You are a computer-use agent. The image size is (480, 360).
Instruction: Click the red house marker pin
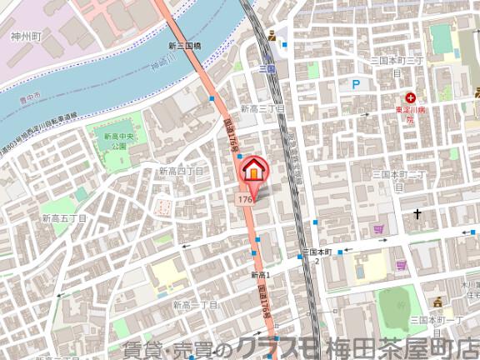tap(255, 170)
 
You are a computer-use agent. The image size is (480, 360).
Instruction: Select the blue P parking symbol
tap(356, 84)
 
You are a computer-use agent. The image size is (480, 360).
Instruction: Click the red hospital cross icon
tap(411, 97)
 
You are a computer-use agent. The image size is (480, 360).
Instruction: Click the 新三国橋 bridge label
tap(184, 46)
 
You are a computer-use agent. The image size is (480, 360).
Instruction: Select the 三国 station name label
tap(267, 67)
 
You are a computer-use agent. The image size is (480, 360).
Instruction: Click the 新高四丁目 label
tap(182, 171)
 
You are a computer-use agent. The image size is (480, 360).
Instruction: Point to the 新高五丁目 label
tap(65, 217)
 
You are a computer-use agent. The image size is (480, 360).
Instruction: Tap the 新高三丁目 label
tap(263, 108)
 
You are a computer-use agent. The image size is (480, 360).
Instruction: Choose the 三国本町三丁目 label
tap(397, 62)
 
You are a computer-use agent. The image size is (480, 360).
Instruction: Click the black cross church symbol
tap(417, 215)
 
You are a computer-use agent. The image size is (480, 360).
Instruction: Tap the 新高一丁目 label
tap(195, 306)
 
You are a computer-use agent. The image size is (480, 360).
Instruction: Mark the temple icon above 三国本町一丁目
tap(437, 302)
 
